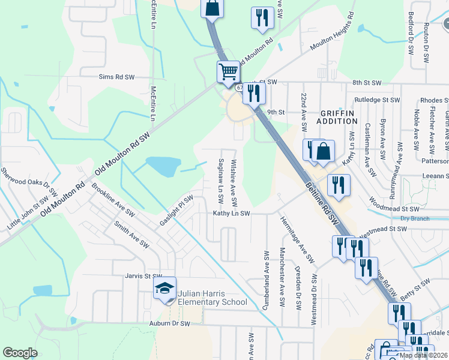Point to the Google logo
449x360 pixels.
tap(20, 353)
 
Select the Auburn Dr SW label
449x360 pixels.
tap(169, 323)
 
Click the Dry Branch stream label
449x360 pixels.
tap(415, 218)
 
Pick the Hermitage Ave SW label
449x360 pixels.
tap(297, 239)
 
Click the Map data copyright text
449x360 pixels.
tap(423, 355)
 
